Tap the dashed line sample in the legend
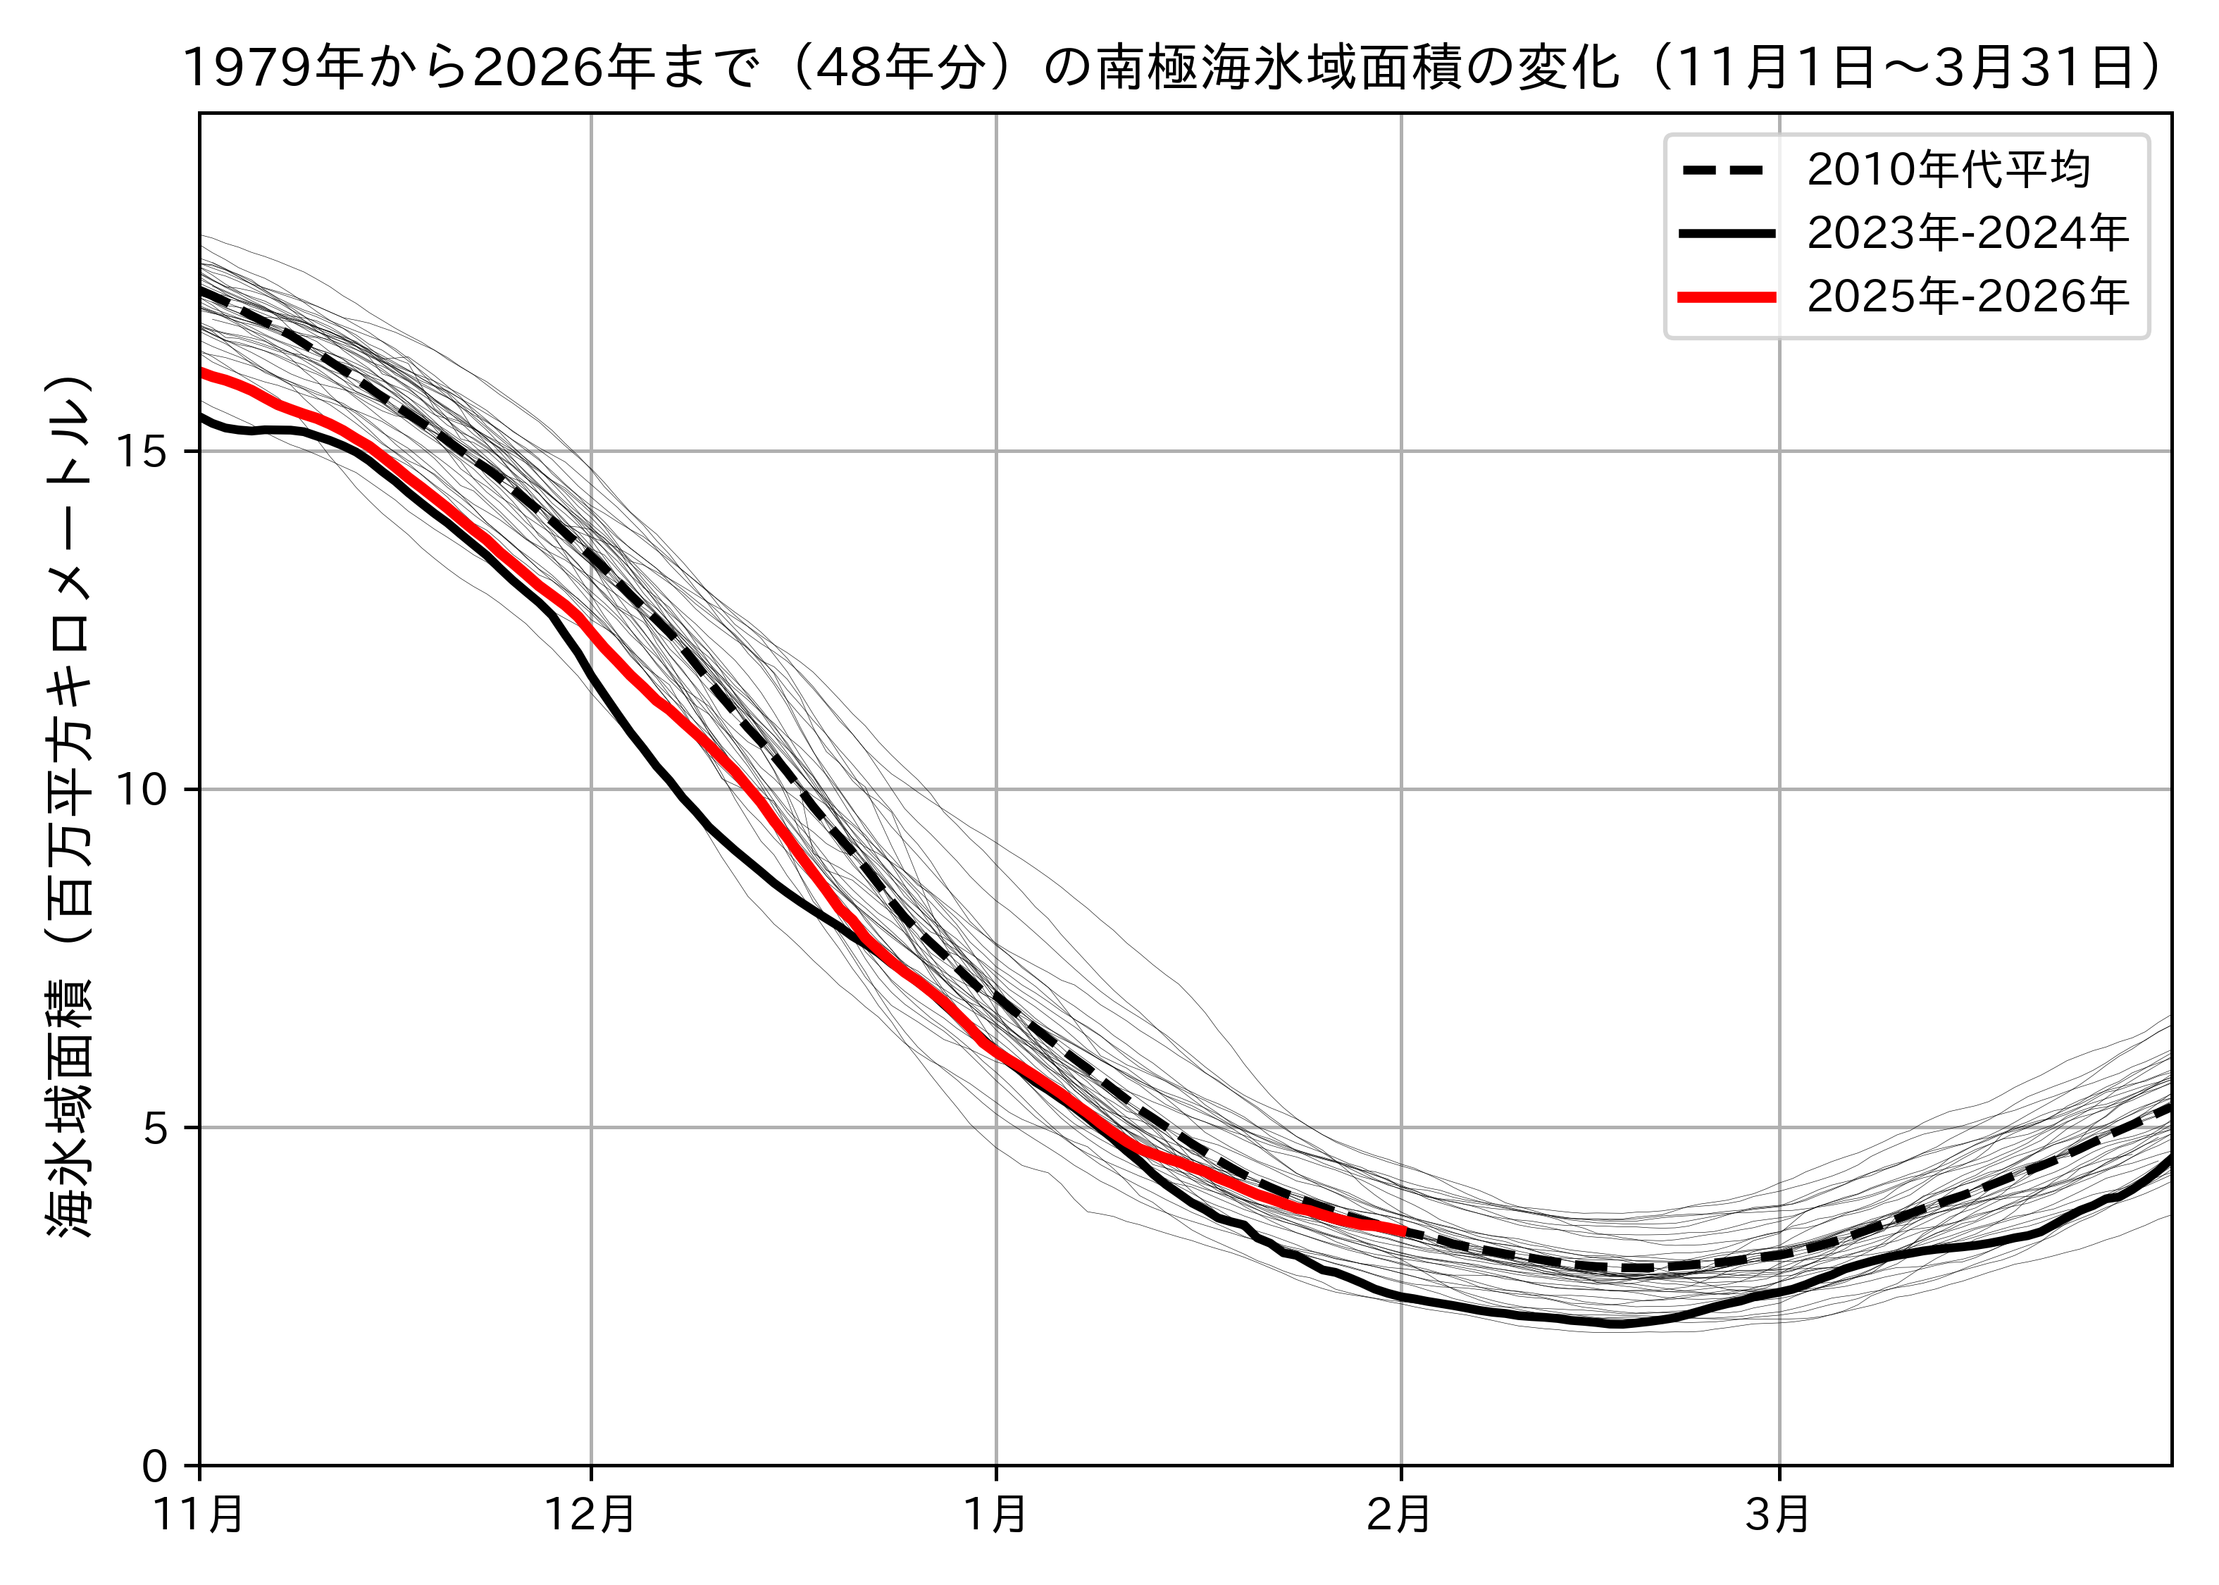(1726, 170)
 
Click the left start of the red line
(202, 372)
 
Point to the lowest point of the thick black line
(1616, 1324)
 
